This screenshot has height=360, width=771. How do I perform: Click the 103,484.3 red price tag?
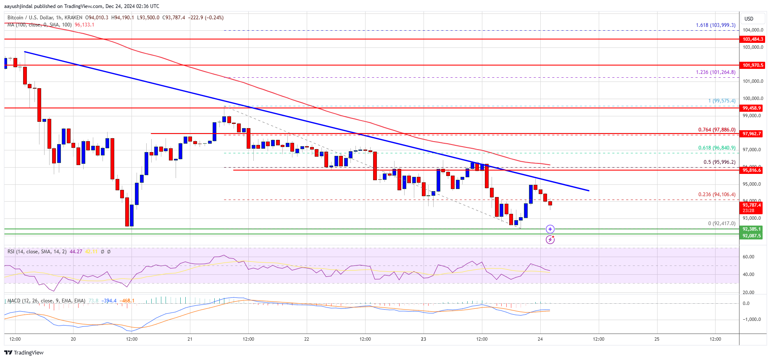752,39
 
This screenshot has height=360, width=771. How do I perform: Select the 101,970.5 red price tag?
752,65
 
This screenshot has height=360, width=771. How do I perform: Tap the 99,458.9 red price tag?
752,108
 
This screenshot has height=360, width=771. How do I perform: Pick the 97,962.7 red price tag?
752,134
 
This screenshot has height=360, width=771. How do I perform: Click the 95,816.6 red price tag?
752,170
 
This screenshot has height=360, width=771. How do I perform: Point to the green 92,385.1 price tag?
752,229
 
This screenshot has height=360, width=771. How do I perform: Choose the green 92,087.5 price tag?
752,236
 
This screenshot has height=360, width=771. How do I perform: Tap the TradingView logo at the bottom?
24,352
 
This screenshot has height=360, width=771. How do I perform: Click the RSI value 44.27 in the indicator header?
76,252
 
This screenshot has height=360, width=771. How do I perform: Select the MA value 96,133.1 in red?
84,25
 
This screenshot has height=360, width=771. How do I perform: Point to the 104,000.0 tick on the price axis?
753,30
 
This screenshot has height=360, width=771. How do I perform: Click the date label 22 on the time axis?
307,339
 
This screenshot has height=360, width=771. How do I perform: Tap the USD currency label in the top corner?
749,19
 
